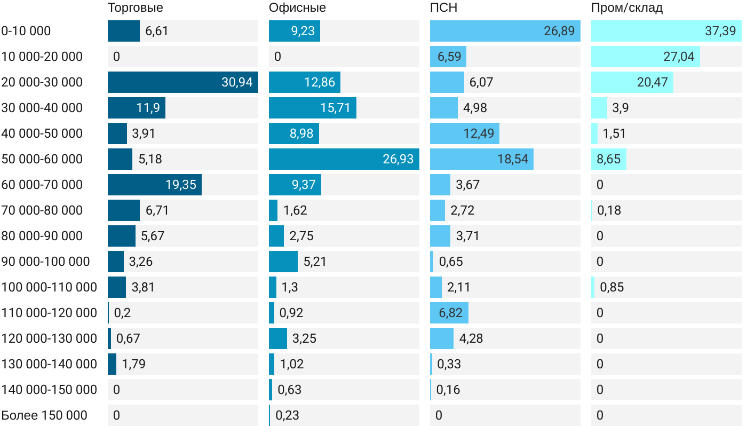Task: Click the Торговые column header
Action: click(x=135, y=7)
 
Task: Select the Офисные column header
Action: click(x=297, y=7)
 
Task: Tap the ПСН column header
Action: click(x=443, y=7)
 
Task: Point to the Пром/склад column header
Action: click(x=627, y=7)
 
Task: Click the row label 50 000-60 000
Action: click(x=42, y=159)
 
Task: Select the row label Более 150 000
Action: click(x=44, y=415)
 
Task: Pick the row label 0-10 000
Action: click(x=26, y=31)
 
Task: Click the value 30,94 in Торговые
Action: click(x=237, y=82)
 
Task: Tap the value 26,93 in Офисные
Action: click(x=398, y=159)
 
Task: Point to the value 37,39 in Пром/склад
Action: click(x=720, y=31)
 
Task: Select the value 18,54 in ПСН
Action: click(x=512, y=159)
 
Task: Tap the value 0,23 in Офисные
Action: click(x=287, y=415)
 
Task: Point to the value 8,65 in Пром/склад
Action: click(x=609, y=159)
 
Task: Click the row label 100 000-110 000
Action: click(x=49, y=287)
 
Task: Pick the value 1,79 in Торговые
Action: click(x=133, y=364)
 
